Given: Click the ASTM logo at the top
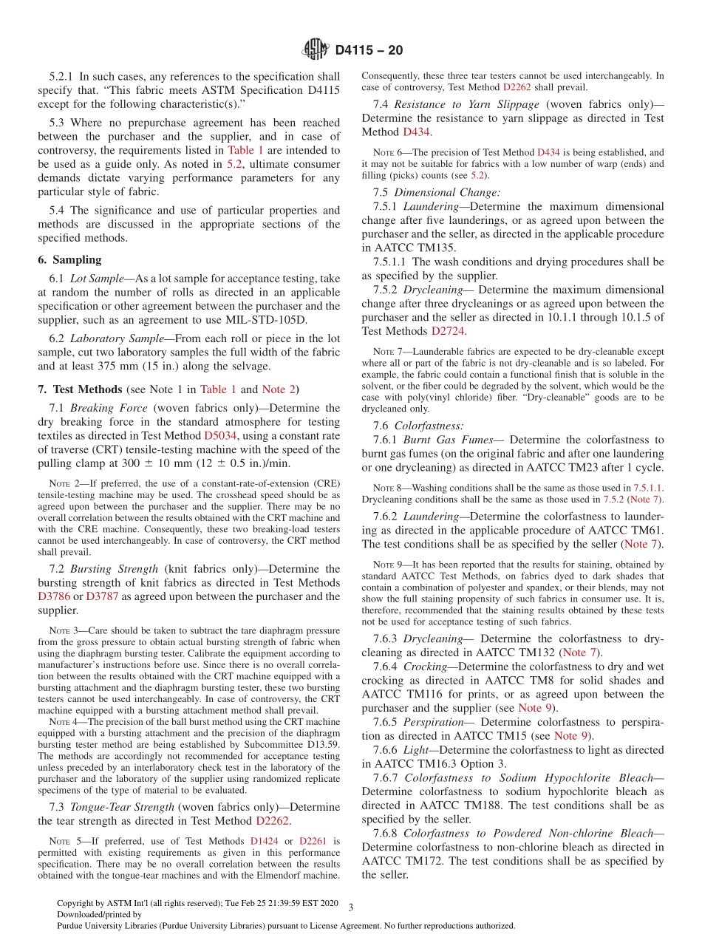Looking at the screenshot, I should click(316, 50).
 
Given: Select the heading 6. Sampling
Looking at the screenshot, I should click(69, 259).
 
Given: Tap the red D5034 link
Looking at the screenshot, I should click(220, 436).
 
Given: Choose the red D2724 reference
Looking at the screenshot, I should click(448, 331).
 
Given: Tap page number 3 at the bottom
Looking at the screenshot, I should click(350, 907).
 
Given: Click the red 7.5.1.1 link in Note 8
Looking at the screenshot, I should click(648, 488).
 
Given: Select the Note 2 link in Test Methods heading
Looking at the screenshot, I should click(279, 389).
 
